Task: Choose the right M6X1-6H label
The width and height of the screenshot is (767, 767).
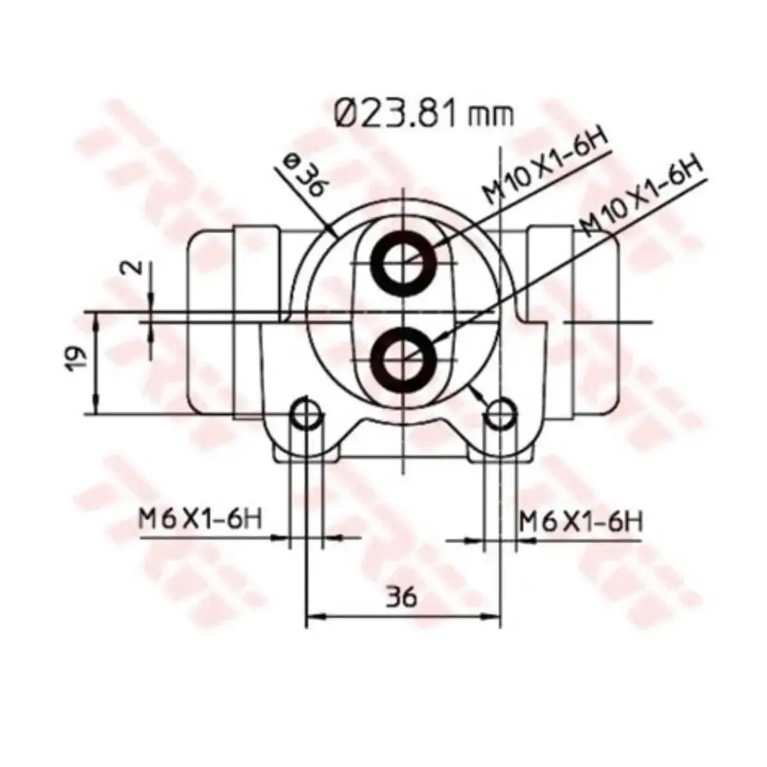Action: click(x=581, y=522)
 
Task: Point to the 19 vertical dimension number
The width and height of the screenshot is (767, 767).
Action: click(x=77, y=359)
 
